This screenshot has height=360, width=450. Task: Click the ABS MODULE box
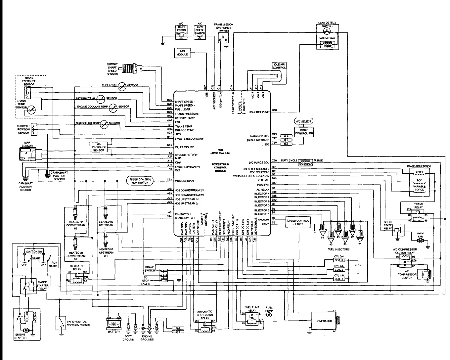pos(182,53)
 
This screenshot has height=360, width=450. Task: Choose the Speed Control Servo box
pos(298,222)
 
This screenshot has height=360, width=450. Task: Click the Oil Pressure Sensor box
pos(99,147)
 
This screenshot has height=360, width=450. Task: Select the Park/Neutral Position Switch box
pos(61,322)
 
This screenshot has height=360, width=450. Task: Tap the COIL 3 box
pos(339,260)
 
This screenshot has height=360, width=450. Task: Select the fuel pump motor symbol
pos(269,315)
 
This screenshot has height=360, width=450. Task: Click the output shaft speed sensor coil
pos(129,69)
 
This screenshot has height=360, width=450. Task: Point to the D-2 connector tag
pos(286,144)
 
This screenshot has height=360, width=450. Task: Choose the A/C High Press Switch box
pos(181,31)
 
